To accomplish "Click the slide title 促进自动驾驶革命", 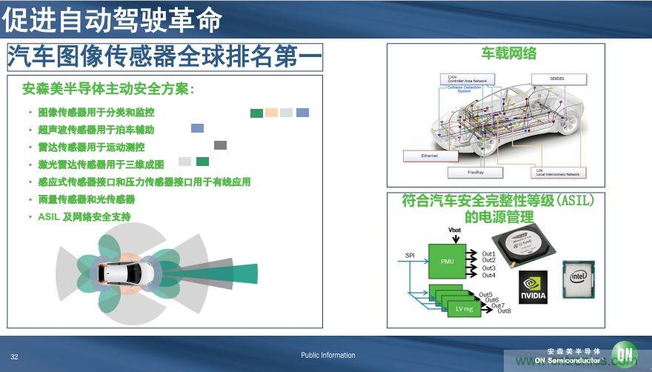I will click(x=112, y=20).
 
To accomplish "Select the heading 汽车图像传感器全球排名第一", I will click(x=164, y=57).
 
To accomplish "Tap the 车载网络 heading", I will click(x=508, y=53).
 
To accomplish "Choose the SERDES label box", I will click(x=558, y=79).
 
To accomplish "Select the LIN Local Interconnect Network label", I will click(x=558, y=172).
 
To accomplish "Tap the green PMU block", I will click(x=448, y=262).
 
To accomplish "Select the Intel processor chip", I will click(x=580, y=279).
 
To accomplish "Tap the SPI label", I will click(x=410, y=256).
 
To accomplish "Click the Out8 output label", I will click(x=504, y=310).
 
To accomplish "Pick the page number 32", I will click(x=14, y=356).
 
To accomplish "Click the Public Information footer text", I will click(x=327, y=356).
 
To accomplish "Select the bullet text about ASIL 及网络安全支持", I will click(x=84, y=217).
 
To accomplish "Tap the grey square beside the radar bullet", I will click(x=220, y=145).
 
